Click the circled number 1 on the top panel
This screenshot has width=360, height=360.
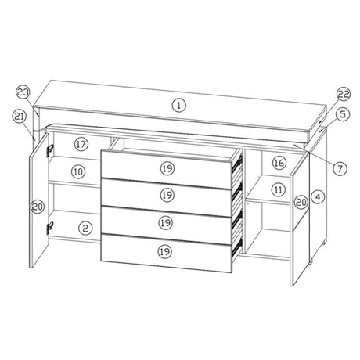pos(179,106)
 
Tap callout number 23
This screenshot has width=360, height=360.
pos(23,93)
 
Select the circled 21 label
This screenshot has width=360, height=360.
pos(20,117)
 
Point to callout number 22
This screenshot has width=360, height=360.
pos(343,94)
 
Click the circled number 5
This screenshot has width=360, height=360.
pos(343,114)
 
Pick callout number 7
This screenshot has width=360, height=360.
pos(340,168)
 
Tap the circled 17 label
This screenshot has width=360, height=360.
pos(81,144)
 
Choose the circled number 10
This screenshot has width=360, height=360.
pos(78,171)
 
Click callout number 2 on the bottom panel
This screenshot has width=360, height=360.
pos(85,229)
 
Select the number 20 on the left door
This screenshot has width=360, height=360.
pos(38,207)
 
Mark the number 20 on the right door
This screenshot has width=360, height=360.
pos(301,202)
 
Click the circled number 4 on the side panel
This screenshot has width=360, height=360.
pos(318,197)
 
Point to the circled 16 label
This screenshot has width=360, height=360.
pos(279,163)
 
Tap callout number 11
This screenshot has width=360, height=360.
pos(279,189)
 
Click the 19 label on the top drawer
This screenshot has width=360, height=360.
pos(167,168)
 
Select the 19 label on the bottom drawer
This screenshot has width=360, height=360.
pos(165,252)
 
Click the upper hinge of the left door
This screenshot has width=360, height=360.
pos(50,150)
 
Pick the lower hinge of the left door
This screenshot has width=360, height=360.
pos(50,227)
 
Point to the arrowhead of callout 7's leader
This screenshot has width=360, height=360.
pos(295,144)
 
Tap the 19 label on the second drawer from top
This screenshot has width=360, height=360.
pos(167,195)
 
